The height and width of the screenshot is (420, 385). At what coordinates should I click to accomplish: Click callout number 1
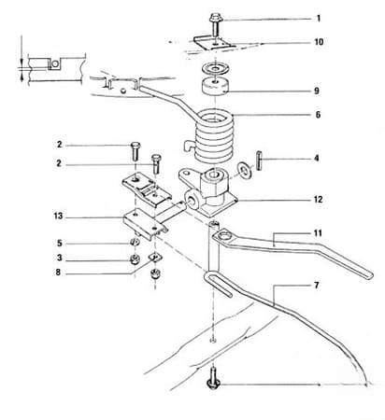[318, 18]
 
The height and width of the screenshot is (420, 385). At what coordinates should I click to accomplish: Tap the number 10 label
[319, 42]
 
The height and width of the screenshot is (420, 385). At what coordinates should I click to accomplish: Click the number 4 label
[317, 159]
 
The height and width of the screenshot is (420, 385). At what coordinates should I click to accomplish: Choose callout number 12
[319, 199]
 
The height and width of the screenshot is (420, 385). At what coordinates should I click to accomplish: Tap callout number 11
[318, 231]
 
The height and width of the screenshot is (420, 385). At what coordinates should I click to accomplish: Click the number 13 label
[58, 216]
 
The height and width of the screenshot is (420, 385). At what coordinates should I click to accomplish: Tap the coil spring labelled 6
[217, 135]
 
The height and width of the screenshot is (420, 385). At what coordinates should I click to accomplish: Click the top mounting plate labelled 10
[214, 42]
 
